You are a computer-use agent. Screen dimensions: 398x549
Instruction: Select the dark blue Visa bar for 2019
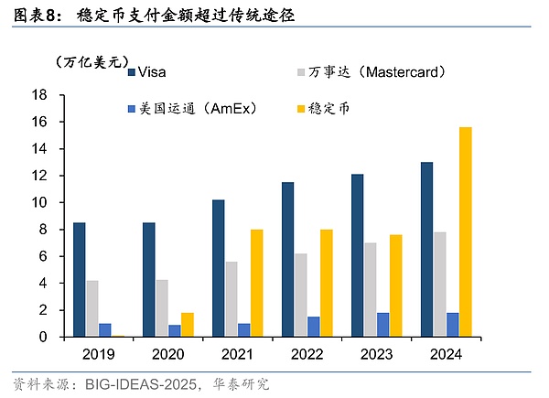coord(80,279)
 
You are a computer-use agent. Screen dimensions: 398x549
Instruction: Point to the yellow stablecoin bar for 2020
coord(188,325)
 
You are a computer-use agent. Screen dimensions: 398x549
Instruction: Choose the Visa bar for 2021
coord(219,268)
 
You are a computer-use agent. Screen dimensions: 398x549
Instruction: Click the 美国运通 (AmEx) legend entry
coord(193,108)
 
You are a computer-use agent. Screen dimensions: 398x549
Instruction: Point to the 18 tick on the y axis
coord(39,95)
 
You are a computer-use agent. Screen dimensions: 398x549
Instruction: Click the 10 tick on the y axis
coord(39,202)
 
